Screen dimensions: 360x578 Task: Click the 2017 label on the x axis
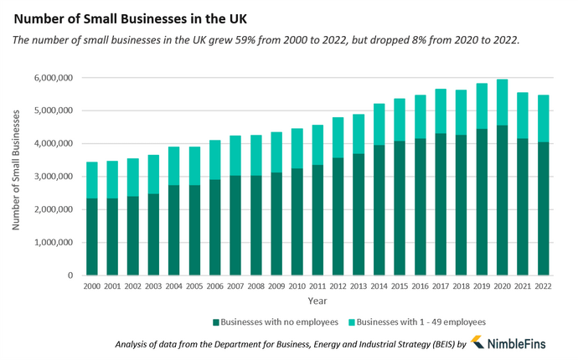[440, 286]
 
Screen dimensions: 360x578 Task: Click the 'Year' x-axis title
[317, 300]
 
